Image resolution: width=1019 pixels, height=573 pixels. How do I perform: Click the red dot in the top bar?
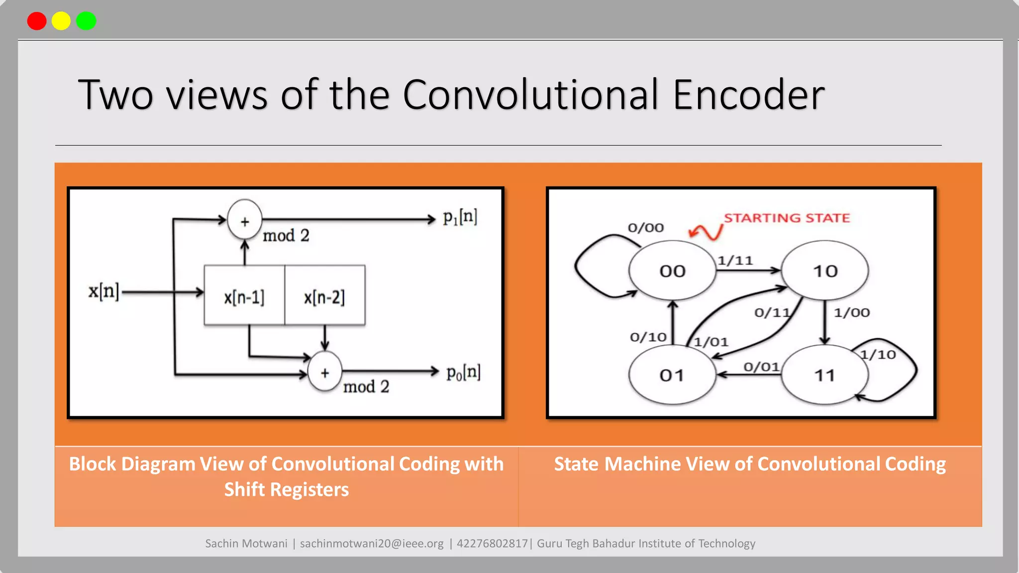click(x=37, y=21)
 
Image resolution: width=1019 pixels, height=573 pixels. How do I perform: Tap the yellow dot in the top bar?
click(x=61, y=21)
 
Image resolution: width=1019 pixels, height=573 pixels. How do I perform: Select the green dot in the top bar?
click(x=86, y=21)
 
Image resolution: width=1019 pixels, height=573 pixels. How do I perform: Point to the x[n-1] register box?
click(x=244, y=296)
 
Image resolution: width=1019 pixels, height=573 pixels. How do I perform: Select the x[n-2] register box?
click(x=324, y=296)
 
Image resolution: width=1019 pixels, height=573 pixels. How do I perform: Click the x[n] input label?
click(x=103, y=291)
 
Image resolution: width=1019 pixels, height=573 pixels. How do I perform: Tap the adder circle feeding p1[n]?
click(x=244, y=220)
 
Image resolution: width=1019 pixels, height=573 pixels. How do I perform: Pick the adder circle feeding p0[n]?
click(x=325, y=372)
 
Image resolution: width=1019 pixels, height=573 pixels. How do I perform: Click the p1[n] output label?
click(x=460, y=217)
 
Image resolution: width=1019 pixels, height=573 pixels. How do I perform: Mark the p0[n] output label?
click(x=463, y=373)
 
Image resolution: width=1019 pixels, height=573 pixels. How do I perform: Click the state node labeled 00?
click(x=672, y=271)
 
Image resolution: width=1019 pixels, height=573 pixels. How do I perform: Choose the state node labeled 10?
click(x=825, y=271)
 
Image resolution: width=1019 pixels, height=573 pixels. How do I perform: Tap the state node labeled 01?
click(x=672, y=375)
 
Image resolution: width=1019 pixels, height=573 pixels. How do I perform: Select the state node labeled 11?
click(x=824, y=375)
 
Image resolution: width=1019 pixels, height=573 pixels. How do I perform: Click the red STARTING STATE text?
click(x=787, y=218)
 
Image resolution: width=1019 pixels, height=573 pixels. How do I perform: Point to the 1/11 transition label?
click(x=735, y=260)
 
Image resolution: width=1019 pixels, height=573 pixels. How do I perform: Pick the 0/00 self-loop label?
click(x=645, y=228)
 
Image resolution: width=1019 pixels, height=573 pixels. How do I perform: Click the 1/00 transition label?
click(x=852, y=312)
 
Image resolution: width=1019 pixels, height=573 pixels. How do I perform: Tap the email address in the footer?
click(x=372, y=543)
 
